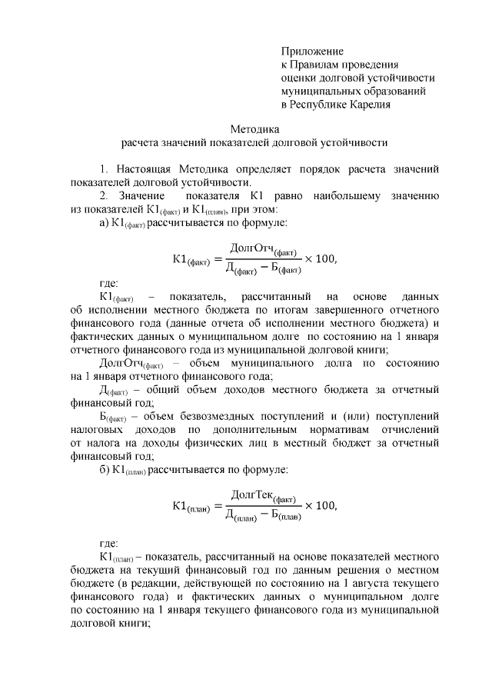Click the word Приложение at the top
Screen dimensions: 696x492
pyautogui.click(x=311, y=50)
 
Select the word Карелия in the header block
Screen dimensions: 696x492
pyautogui.click(x=367, y=105)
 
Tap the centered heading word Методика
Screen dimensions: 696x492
pyautogui.click(x=254, y=128)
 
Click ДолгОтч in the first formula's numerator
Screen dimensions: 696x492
pyautogui.click(x=252, y=250)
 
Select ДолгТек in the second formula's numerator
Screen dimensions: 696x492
pyautogui.click(x=252, y=494)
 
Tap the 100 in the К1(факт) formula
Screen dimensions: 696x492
pyautogui.click(x=326, y=258)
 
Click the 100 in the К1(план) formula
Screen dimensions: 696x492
pyautogui.click(x=326, y=505)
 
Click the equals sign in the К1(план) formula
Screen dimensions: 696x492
pyautogui.click(x=215, y=506)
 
